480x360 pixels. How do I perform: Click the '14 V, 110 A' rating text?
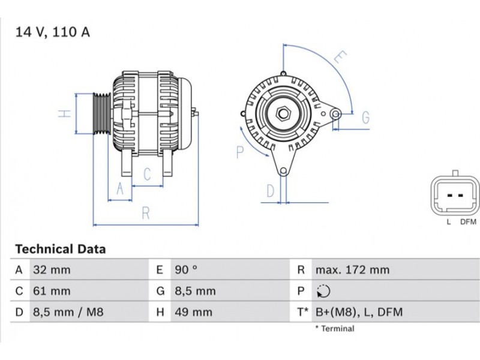coord(53,32)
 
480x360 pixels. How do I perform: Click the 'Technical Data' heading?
coord(60,249)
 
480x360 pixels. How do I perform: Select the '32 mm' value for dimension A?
coord(52,270)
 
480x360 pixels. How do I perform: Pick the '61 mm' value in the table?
coord(52,291)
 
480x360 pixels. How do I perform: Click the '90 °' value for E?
coord(185,270)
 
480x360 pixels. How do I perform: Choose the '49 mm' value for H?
coord(193,312)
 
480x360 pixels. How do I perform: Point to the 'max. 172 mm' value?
coord(352,270)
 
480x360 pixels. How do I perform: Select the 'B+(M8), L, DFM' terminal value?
coord(359,312)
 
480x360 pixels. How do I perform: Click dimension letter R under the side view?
coord(145,212)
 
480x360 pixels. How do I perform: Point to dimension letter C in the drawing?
coord(146,175)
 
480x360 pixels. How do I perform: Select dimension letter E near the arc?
coord(340,58)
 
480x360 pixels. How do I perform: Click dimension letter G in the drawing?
coord(365,118)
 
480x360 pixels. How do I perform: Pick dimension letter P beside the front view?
coord(240,152)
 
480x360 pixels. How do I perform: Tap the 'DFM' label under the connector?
coord(468,222)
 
